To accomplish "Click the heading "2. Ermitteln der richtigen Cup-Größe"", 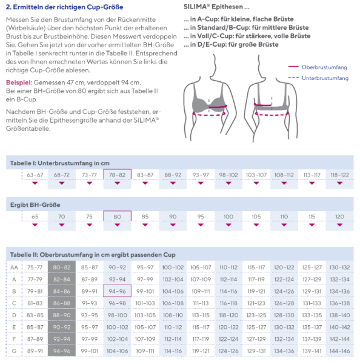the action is pos(64,7).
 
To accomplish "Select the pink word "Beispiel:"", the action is pos(19,83).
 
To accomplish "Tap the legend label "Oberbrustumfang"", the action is pos(324,67).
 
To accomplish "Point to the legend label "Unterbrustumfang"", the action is pos(325,78).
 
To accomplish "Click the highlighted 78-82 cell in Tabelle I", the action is pos(117,175).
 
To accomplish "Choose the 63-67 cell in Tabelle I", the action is pos(35,175).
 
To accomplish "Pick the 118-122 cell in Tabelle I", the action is pos(339,175).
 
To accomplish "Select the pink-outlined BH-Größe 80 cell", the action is pos(117,217).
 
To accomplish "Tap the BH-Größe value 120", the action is pos(339,217).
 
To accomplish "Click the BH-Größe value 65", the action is pos(35,217).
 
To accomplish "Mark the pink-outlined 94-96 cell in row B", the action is pos(117,291).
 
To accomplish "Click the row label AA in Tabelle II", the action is pos(14,268).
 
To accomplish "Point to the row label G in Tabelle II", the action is pos(14,351).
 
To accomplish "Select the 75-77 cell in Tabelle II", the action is pos(35,268).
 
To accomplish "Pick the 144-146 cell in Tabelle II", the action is pos(339,351).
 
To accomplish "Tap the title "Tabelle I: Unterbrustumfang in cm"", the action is pos(59,163).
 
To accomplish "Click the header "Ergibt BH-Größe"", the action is pos(35,205).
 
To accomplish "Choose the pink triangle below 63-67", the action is pos(35,183).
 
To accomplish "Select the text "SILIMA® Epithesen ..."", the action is pos(216,7).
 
